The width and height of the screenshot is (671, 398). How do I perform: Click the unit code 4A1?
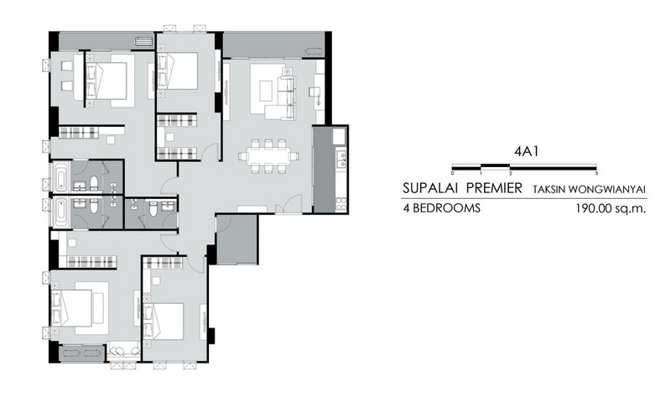[526, 152]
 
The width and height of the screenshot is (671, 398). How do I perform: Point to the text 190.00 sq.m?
[611, 208]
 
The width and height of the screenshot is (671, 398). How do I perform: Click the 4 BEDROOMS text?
[441, 208]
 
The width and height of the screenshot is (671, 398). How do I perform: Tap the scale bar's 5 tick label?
[596, 174]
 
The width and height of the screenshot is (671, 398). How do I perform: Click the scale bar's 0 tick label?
[452, 174]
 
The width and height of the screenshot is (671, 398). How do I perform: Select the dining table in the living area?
[268, 156]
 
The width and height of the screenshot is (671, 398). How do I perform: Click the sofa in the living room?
[283, 93]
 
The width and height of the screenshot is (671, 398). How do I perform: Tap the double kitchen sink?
[341, 159]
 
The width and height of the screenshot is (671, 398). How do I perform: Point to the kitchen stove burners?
[341, 203]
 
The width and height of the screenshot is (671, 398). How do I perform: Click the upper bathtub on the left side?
[60, 176]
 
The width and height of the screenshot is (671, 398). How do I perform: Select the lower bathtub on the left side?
[60, 213]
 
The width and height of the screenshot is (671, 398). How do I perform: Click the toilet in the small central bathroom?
[153, 208]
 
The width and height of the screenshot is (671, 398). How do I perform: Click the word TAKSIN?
[548, 189]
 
